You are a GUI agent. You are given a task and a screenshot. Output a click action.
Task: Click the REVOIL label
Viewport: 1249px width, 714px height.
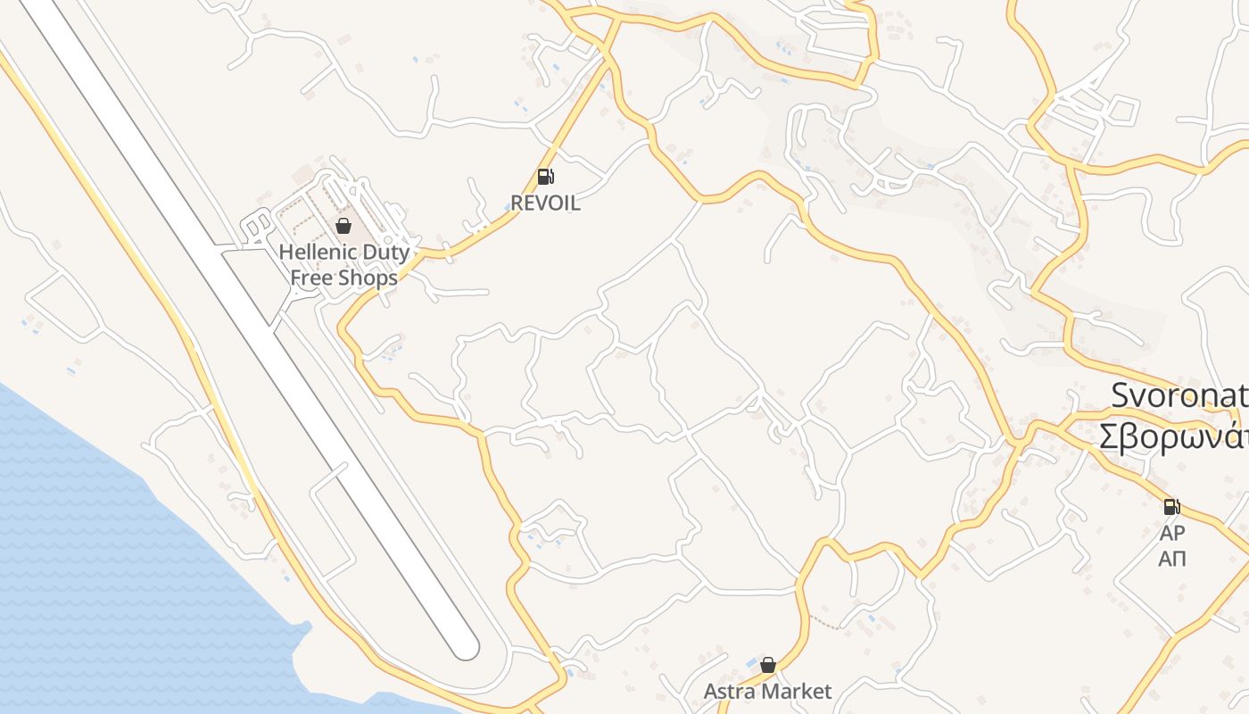[x=545, y=203]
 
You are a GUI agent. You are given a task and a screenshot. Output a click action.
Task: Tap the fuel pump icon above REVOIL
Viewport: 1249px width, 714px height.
[x=545, y=177]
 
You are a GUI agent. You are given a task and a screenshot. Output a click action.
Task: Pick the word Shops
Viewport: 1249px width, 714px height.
[x=368, y=278]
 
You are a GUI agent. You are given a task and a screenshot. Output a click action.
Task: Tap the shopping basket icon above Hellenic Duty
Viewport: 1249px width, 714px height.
[x=343, y=226]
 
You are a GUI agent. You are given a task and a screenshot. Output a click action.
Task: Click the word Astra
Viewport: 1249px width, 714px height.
[x=728, y=692]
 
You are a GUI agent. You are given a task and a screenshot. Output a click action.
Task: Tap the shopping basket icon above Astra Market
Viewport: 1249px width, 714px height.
[x=768, y=665]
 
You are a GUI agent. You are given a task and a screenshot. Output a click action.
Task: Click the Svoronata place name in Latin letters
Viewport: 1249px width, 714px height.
[x=1179, y=395]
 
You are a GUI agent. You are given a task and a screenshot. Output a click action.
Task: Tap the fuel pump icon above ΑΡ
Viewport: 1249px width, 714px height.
[x=1171, y=507]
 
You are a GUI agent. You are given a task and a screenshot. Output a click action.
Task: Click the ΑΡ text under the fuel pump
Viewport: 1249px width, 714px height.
[x=1172, y=534]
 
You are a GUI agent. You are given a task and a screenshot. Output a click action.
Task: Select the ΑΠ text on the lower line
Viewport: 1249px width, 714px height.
[x=1172, y=560]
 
